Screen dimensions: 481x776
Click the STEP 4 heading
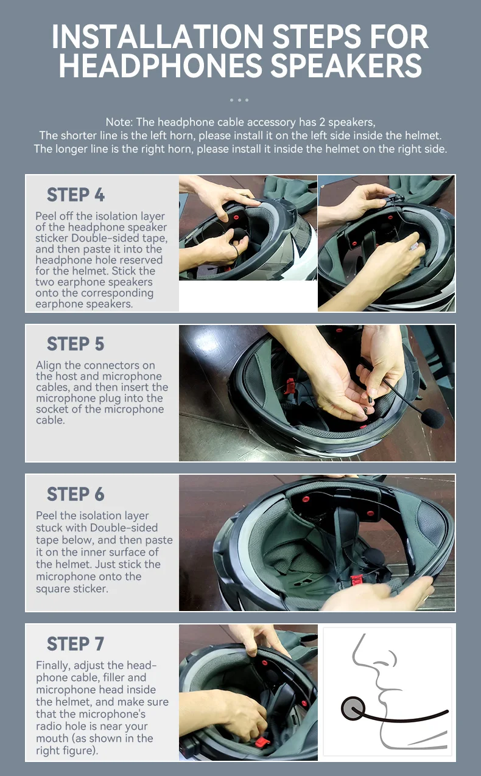(75, 195)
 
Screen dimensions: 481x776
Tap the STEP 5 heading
(75, 344)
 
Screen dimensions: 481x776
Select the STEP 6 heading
(75, 494)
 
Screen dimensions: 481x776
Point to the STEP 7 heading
(75, 644)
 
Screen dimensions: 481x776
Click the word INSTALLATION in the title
(158, 37)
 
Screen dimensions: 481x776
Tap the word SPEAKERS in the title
(346, 66)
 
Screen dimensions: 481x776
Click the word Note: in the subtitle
(119, 122)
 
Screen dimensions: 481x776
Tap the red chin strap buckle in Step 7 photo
(262, 742)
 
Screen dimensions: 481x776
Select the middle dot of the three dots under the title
(239, 100)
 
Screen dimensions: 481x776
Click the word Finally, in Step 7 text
(54, 666)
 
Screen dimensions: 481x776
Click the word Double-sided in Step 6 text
(124, 528)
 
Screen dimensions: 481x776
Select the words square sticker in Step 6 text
(72, 589)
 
